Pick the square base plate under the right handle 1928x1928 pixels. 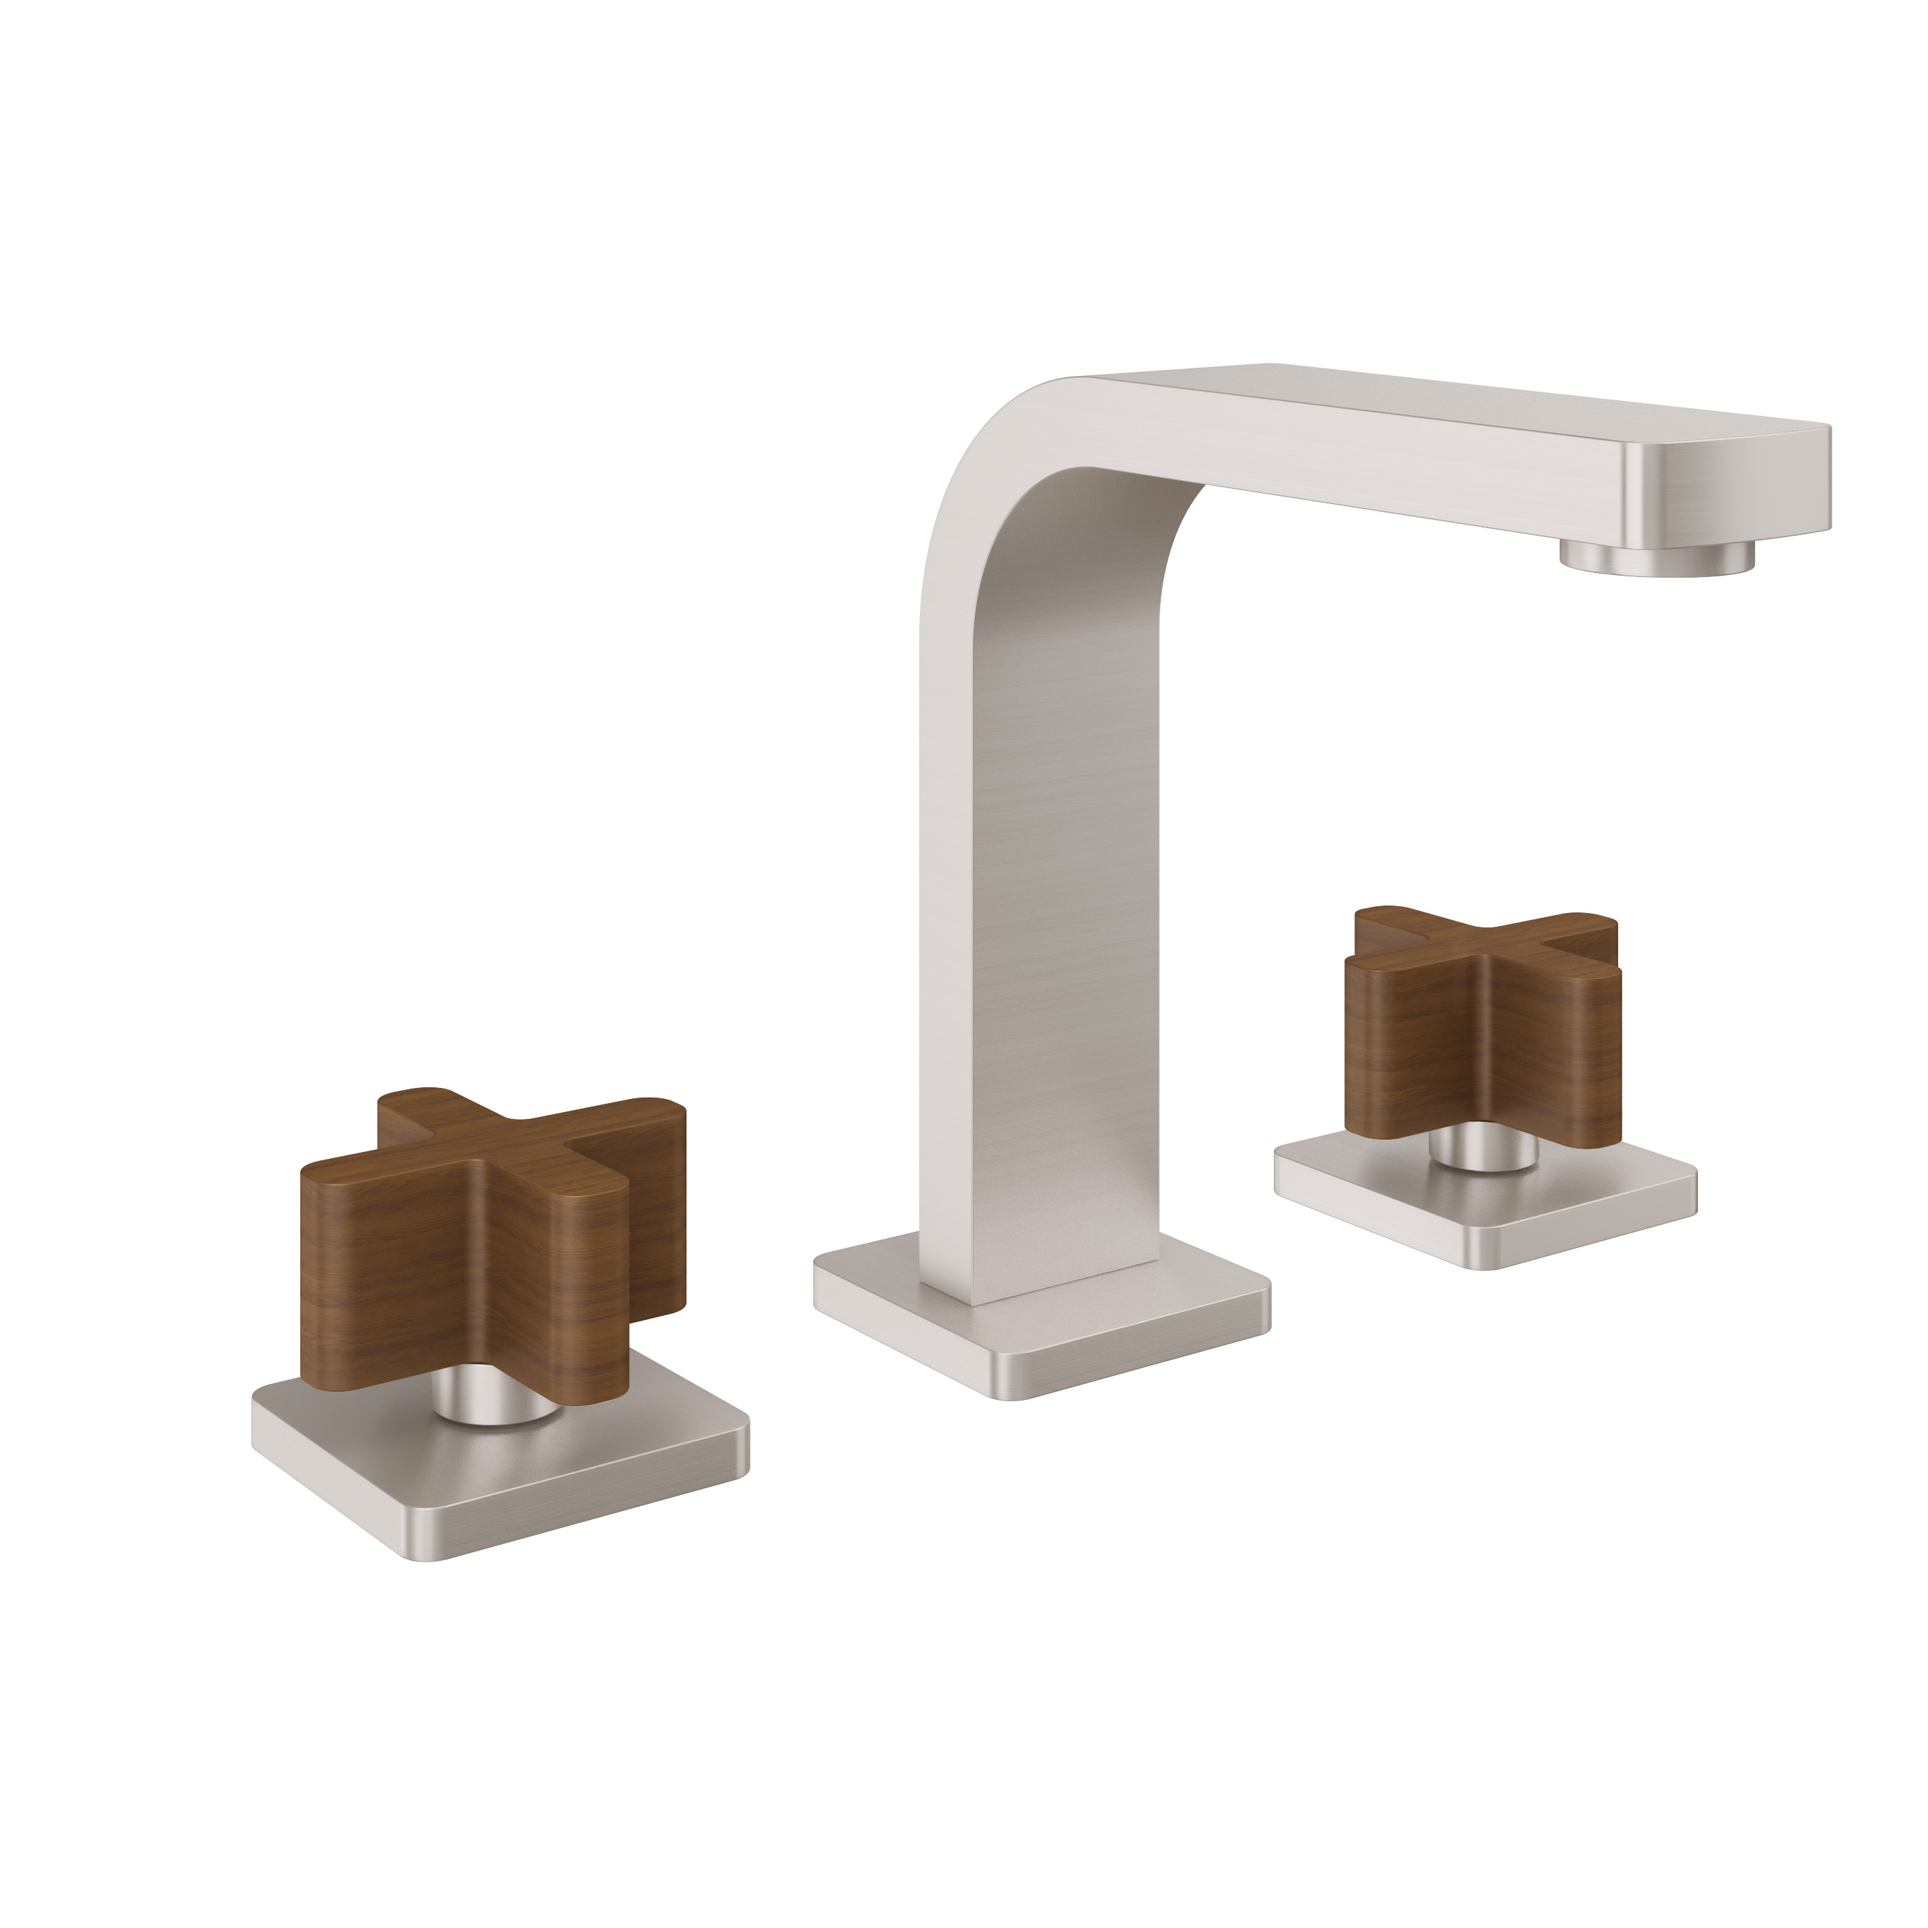point(1487,1208)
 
